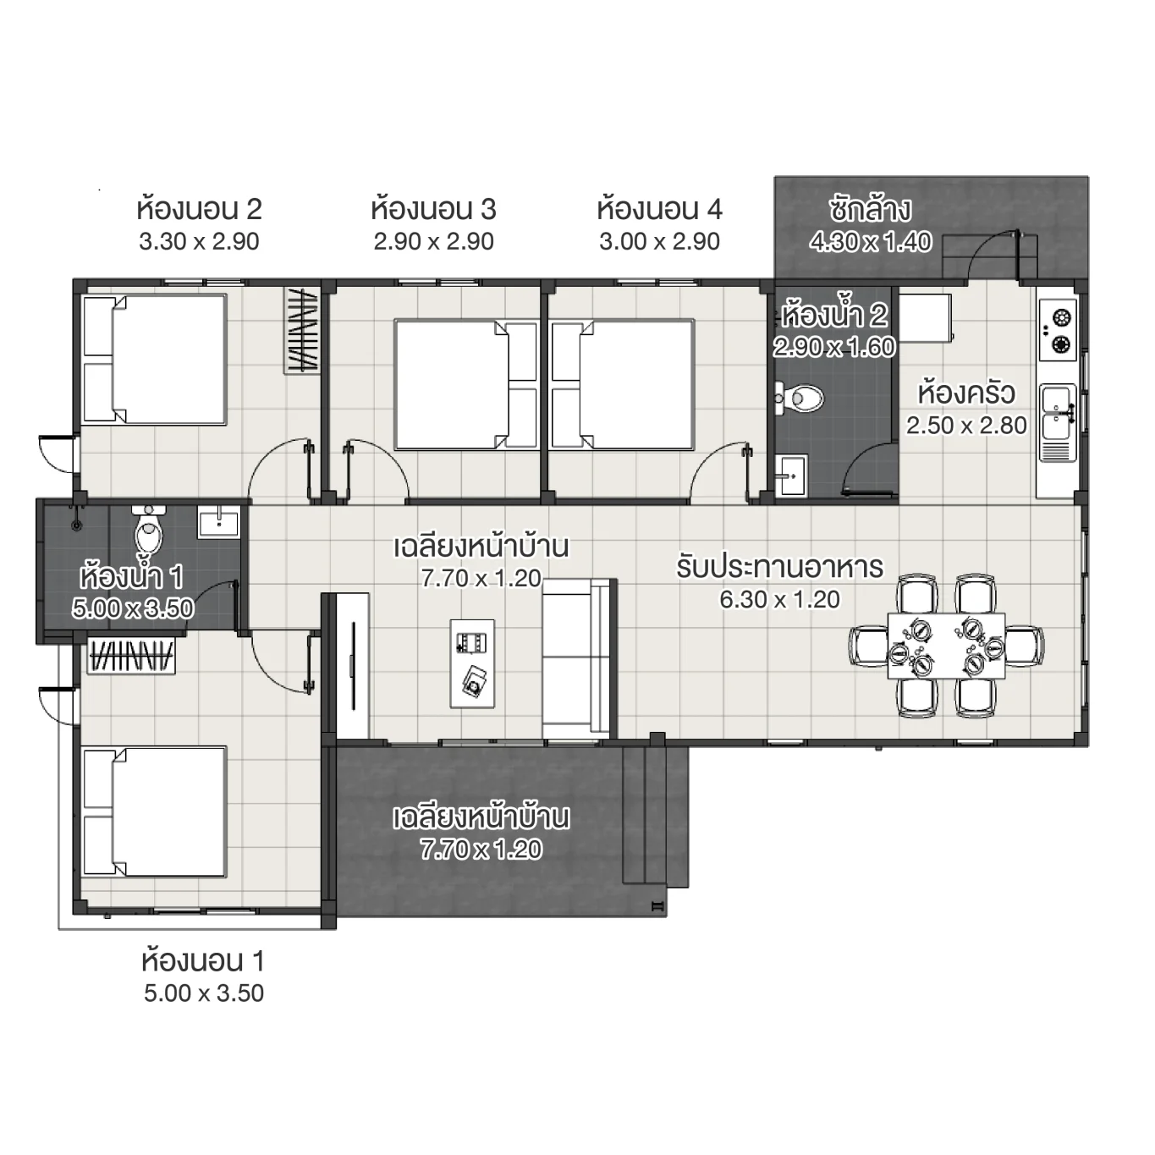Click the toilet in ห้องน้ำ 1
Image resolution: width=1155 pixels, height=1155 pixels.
pyautogui.click(x=149, y=531)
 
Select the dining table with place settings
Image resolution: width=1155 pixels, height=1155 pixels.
pyautogui.click(x=946, y=646)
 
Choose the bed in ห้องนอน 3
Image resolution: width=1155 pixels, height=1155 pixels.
pyautogui.click(x=465, y=384)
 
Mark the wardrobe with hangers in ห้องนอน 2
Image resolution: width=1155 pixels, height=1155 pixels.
pyautogui.click(x=301, y=331)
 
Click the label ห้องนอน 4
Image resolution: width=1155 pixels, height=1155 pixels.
pyautogui.click(x=659, y=209)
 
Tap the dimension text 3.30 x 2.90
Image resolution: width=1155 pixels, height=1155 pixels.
pyautogui.click(x=199, y=242)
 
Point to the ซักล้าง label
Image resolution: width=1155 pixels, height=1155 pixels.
pyautogui.click(x=870, y=209)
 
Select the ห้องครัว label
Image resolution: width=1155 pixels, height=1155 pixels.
pyautogui.click(x=966, y=393)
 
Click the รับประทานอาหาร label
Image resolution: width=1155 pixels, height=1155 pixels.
pyautogui.click(x=779, y=567)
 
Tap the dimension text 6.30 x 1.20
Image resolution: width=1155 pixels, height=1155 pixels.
pyautogui.click(x=779, y=600)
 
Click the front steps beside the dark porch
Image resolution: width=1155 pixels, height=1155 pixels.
pyautogui.click(x=656, y=816)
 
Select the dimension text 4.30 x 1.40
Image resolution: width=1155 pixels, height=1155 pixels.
pyautogui.click(x=870, y=243)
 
